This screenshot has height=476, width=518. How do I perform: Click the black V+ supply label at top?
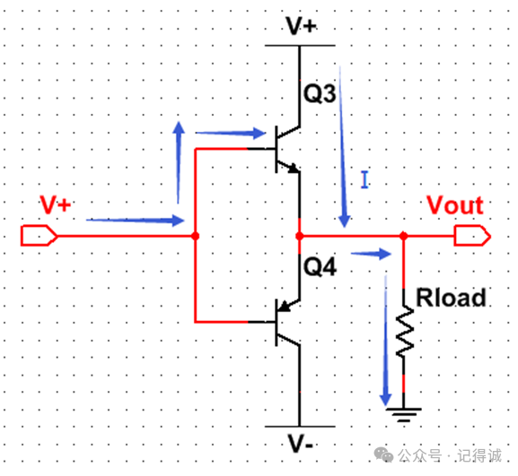[x=302, y=26]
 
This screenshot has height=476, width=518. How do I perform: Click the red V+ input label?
[x=56, y=204]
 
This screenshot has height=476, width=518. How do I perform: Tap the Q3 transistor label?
[x=320, y=93]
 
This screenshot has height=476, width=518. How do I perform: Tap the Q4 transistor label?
[x=320, y=266]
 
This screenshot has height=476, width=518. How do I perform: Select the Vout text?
[x=455, y=205]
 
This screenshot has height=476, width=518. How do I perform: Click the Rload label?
[x=451, y=298]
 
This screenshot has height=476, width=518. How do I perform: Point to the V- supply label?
[x=300, y=444]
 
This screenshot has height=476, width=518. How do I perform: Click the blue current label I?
[x=364, y=180]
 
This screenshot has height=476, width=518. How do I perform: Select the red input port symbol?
[x=40, y=236]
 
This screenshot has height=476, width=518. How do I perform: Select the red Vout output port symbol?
[x=472, y=236]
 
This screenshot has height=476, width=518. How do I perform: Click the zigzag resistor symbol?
[x=404, y=332]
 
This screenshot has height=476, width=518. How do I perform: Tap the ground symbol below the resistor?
[x=404, y=415]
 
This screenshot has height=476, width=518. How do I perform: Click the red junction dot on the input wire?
[x=195, y=236]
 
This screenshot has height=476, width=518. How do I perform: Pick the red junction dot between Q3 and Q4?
[x=300, y=236]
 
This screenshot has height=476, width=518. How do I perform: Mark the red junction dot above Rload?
[x=403, y=236]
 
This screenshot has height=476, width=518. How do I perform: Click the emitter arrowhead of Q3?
[x=294, y=169]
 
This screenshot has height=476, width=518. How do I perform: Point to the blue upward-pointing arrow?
[x=179, y=162]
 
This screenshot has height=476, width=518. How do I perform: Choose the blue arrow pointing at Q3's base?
[x=231, y=134]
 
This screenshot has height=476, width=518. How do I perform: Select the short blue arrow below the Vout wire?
[x=371, y=254]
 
